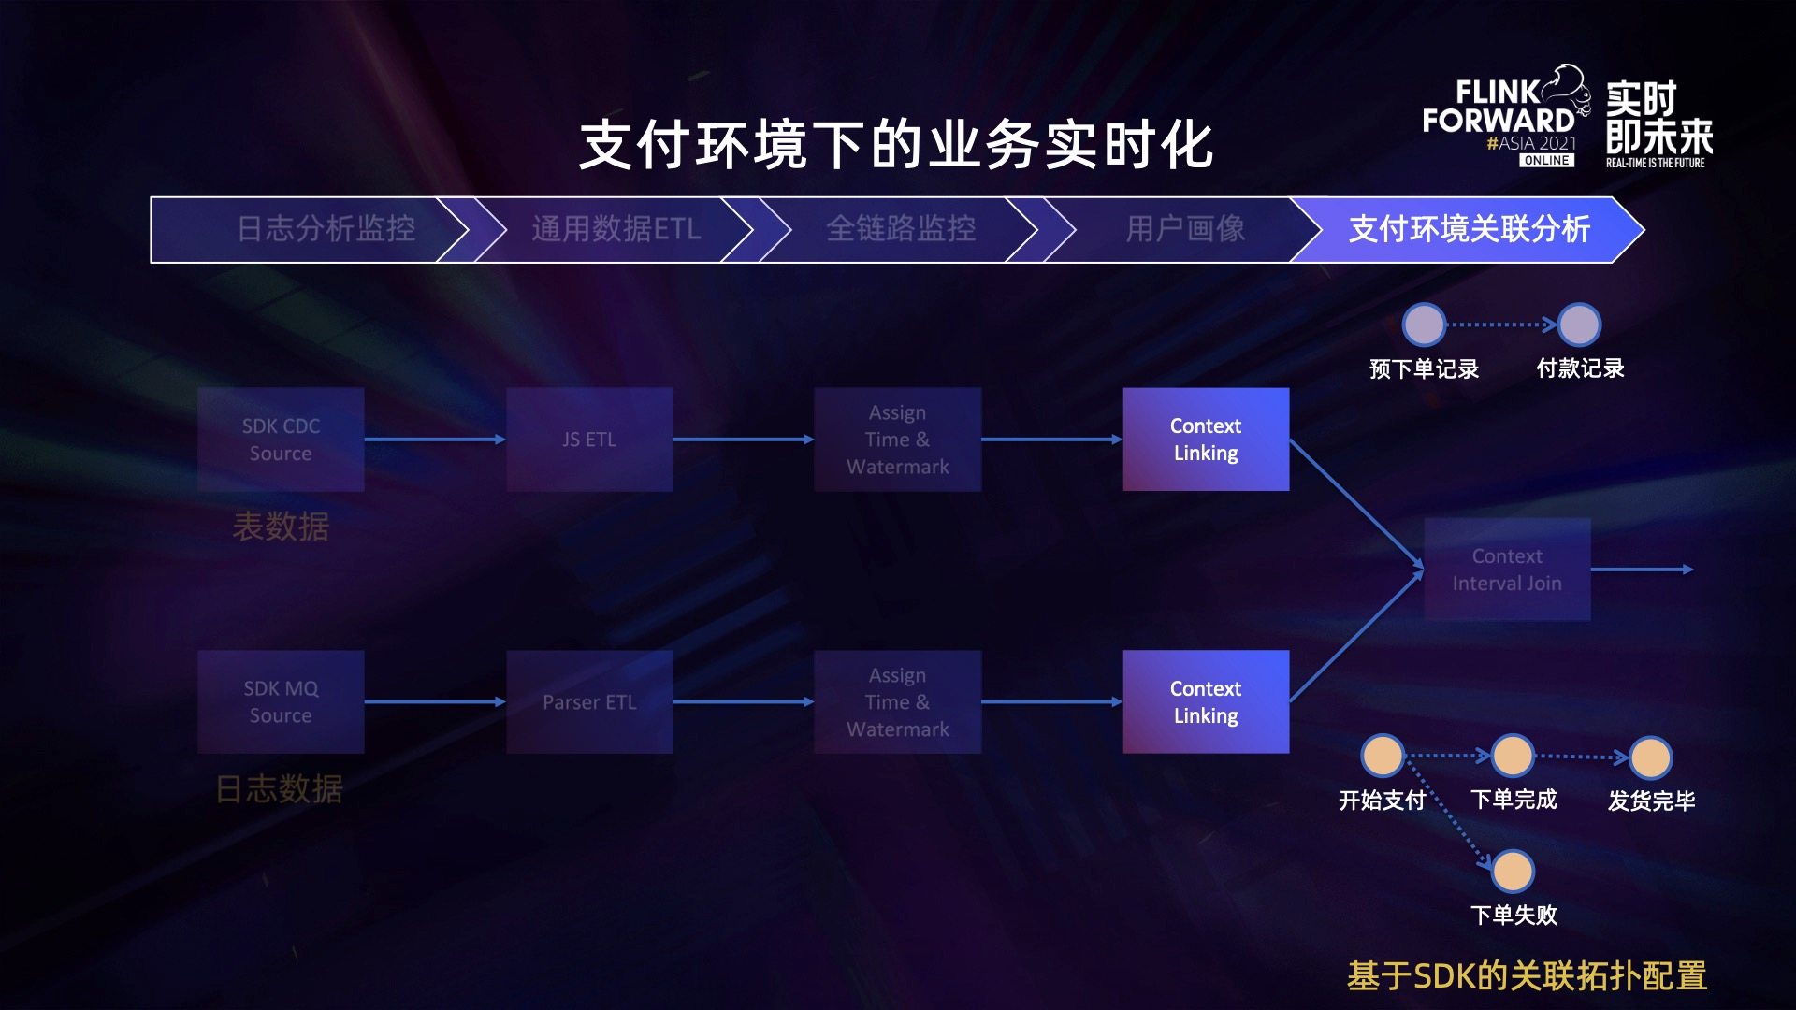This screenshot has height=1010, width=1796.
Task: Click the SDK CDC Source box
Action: pos(281,440)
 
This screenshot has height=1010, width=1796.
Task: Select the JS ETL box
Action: pos(589,440)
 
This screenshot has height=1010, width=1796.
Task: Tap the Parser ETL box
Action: pos(589,702)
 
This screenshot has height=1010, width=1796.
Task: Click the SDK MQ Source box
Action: pos(281,702)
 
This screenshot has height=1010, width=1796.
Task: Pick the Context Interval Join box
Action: pos(1507,570)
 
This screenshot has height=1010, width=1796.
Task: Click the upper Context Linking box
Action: pos(1206,440)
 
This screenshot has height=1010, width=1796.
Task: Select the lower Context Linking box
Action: pos(1206,702)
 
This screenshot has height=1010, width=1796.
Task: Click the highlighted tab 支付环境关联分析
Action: pos(1469,229)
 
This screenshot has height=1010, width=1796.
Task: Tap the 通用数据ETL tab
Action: pos(616,229)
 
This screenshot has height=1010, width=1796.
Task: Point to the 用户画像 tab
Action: pos(1185,229)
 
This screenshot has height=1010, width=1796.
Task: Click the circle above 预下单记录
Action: pos(1424,325)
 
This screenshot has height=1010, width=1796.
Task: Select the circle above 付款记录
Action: pos(1579,325)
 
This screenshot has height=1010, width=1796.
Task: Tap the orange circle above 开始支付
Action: pos(1383,756)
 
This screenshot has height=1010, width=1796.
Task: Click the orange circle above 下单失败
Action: pos(1513,872)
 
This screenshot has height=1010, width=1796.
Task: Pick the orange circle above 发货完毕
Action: pos(1650,757)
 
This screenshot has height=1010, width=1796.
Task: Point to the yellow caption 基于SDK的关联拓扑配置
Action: pos(1527,975)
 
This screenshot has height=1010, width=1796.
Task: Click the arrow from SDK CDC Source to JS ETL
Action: pos(435,440)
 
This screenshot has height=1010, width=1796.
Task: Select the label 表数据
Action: pos(281,527)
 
